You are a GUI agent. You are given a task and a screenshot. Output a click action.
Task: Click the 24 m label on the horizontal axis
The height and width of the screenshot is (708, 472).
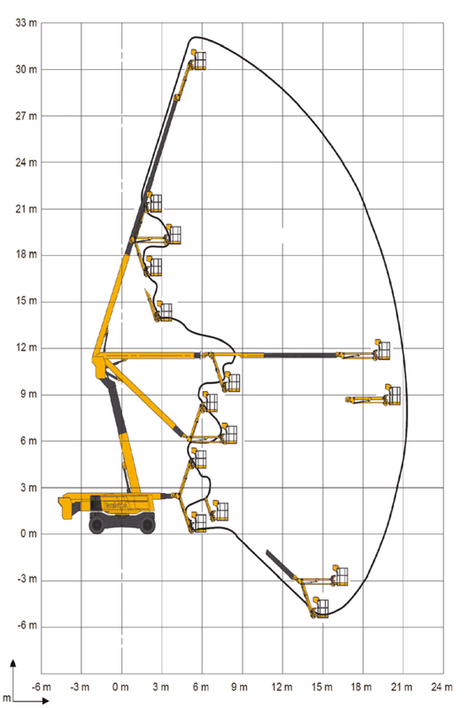(442, 687)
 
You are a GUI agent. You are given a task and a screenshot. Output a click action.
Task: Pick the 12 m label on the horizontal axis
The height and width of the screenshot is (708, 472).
(282, 687)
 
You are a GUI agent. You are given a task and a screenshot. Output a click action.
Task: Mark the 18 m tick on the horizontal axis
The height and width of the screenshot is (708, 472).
(362, 687)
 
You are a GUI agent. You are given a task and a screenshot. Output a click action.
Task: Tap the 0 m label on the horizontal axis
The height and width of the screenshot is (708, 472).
(122, 687)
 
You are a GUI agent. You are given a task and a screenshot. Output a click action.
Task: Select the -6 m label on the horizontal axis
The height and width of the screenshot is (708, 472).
(42, 687)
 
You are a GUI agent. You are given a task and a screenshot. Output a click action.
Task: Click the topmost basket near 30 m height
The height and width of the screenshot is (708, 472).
(198, 60)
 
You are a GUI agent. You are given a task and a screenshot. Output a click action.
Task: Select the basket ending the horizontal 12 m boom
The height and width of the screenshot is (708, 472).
(382, 351)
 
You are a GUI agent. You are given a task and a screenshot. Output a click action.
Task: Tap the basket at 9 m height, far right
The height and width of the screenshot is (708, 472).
(392, 396)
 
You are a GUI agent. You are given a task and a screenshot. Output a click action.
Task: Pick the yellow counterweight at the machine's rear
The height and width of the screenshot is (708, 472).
(70, 507)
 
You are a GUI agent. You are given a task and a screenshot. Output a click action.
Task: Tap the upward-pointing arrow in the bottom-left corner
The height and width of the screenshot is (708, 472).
(12, 664)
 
